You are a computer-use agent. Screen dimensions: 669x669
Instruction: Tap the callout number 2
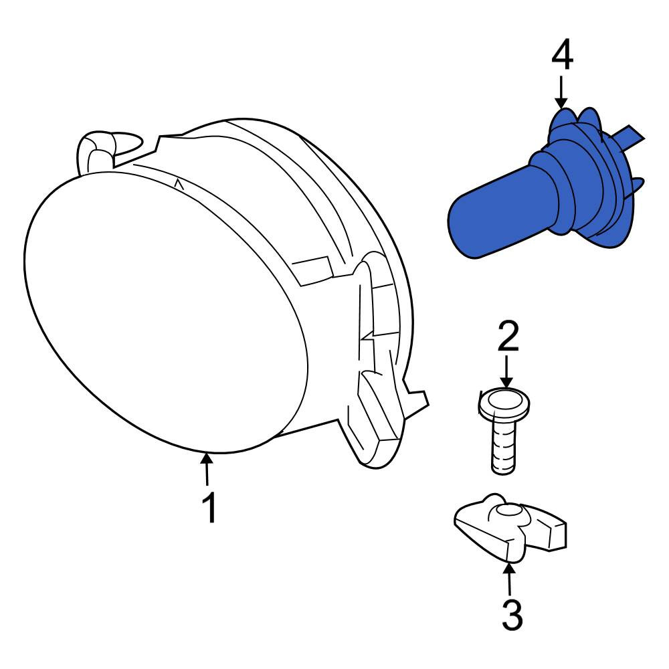pos(508,337)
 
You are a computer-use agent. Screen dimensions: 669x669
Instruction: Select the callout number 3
pos(512,615)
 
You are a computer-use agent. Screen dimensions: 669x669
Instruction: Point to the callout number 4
pos(563,54)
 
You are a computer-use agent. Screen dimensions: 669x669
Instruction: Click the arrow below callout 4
pos(561,92)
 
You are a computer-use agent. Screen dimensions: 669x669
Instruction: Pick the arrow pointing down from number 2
pos(506,371)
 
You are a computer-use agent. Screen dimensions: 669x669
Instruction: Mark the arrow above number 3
pos(509,579)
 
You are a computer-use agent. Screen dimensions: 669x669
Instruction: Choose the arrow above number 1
pos(207,470)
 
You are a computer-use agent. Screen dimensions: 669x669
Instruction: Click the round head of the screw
pos(504,403)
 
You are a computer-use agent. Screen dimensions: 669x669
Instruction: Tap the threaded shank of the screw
pos(504,445)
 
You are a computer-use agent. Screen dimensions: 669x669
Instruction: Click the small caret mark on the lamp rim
pos(179,185)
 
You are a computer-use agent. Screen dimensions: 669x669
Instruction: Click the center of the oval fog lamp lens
pos(166,312)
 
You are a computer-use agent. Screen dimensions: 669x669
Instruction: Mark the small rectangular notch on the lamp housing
pos(312,270)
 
